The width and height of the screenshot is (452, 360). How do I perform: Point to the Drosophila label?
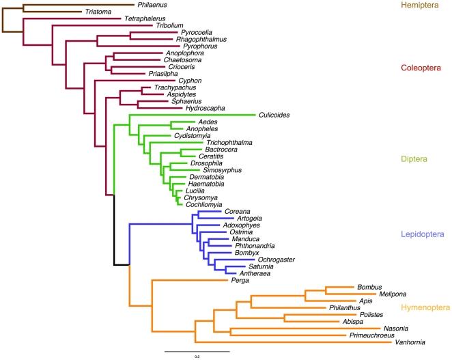tap(186, 164)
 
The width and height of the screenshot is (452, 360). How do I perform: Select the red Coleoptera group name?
tap(421, 68)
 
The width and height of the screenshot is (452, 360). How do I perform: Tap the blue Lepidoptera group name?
tap(423, 235)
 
